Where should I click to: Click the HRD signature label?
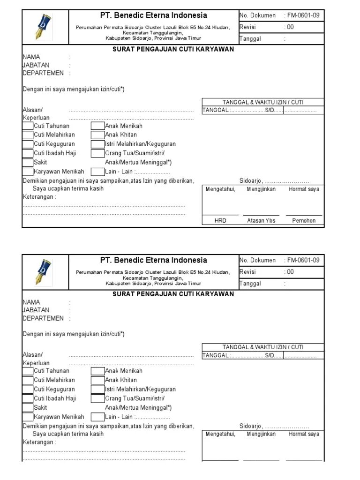pos(220,220)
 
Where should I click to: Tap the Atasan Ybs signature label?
pos(261,220)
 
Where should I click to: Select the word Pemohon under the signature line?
pos(304,220)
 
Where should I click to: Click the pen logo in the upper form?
pos(45,27)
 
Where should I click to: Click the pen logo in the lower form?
pos(45,272)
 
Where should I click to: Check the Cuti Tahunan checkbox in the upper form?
pos(28,126)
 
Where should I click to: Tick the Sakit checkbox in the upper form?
pos(28,162)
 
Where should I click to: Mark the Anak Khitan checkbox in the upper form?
pos(97,135)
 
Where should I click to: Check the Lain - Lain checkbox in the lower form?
pos(97,417)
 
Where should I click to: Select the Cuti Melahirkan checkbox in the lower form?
pos(28,380)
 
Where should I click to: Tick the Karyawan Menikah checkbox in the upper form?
pos(28,172)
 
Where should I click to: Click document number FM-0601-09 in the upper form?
pos(303,15)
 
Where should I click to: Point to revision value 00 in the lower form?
pos(290,272)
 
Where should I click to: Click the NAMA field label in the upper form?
pos(31,57)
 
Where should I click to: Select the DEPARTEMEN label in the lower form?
pos(43,318)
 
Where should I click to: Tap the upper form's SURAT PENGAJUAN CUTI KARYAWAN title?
pos(173,49)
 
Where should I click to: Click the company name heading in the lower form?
pos(153,260)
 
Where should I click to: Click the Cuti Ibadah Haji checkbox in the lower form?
pos(28,398)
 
